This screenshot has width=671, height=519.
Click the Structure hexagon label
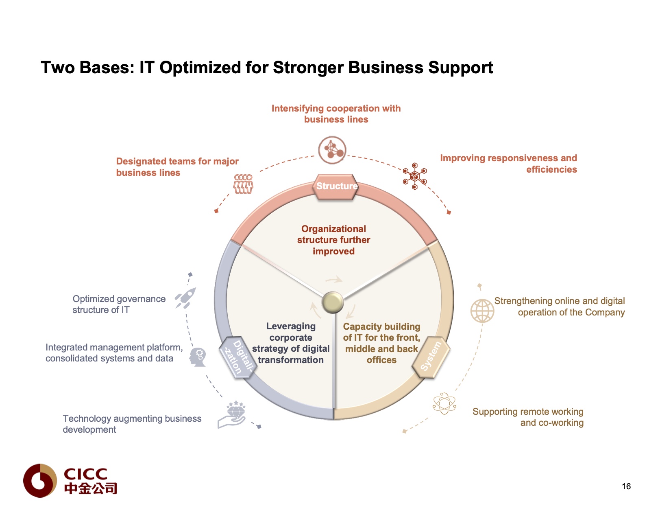pos(336,186)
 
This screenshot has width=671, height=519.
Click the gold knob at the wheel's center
pos(333,302)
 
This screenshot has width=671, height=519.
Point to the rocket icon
pos(186,298)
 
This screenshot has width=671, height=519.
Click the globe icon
pos(482,311)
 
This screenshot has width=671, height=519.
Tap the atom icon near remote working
pos(444,403)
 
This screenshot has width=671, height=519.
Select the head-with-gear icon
pos(198,357)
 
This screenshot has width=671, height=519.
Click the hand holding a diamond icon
pos(232,414)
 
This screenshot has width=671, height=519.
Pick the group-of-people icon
pos(243,184)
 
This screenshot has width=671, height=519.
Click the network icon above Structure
pos(332,150)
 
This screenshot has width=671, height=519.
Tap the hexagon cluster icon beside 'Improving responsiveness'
pos(414,176)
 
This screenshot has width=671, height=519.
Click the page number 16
pos(626,486)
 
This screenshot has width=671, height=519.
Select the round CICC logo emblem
pos(40,481)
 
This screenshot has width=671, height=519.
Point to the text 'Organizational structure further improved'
pos(333,240)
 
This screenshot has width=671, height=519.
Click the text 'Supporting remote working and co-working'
pos(528,417)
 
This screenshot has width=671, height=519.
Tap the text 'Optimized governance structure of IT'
pos(119,304)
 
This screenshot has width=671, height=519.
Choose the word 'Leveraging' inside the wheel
pos(291,326)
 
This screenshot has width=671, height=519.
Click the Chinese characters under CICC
pos(90,488)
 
